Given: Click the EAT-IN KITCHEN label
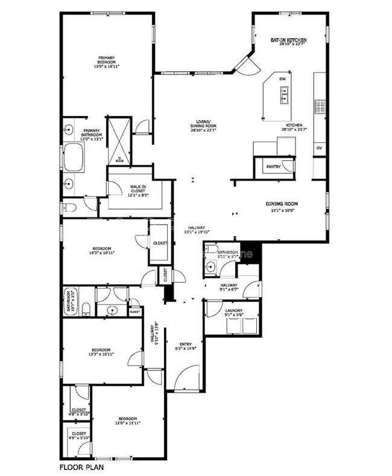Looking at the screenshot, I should tap(289, 38).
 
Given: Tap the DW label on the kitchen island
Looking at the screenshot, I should tap(282, 79).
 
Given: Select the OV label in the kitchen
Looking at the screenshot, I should tap(319, 147).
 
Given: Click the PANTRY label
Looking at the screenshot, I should tap(273, 166).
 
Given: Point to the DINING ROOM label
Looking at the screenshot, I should tap(282, 204).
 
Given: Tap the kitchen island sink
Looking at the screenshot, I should tap(282, 94).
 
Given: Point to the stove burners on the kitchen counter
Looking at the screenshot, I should tap(320, 107).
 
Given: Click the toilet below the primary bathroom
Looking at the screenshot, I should tap(69, 208).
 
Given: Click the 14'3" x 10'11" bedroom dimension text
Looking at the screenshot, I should tap(101, 253).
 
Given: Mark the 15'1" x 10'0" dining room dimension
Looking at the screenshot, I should tap(282, 210).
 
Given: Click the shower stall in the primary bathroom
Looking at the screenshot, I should tap(119, 140).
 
